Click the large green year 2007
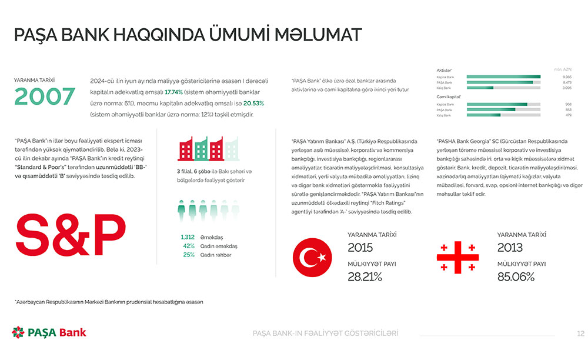coord(45,96)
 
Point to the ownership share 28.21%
coord(365,276)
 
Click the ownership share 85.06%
coord(516,276)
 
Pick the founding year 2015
coord(360,248)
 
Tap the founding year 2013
coord(510,248)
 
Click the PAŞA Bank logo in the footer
coord(49,332)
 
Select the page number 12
coord(580,334)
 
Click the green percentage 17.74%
coord(173,92)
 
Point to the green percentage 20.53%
coord(253,104)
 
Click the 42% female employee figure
coord(189,246)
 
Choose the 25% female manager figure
coord(189,255)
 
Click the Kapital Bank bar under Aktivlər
coord(503,77)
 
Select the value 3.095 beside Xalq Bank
coord(567,88)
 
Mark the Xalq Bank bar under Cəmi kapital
coord(503,115)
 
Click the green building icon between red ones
coord(201,149)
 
